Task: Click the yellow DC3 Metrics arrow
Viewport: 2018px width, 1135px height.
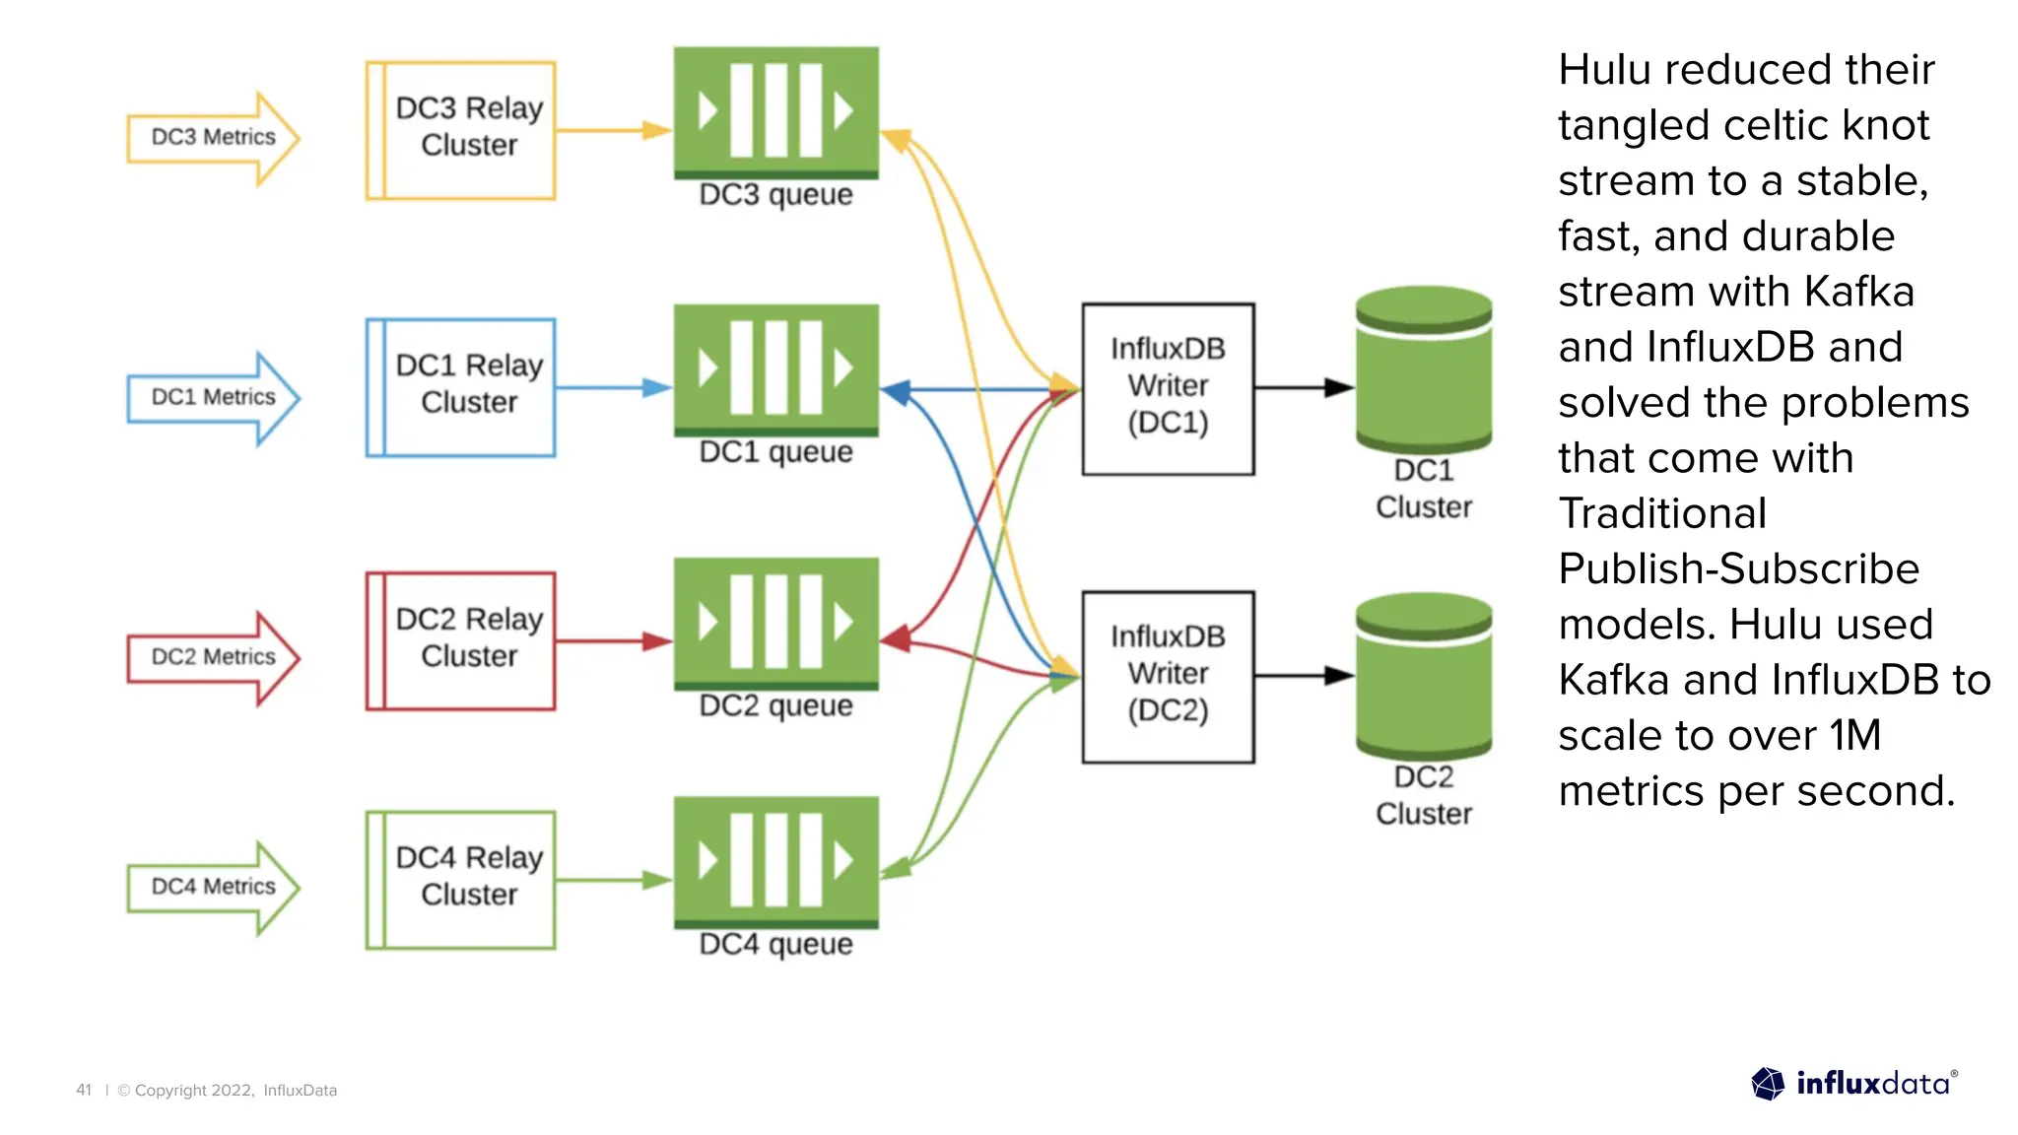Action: pos(212,138)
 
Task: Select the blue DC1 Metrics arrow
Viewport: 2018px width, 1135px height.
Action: pos(212,397)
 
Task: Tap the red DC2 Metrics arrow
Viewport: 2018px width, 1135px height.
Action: pos(212,657)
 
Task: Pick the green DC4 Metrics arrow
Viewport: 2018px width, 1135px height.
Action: pos(212,887)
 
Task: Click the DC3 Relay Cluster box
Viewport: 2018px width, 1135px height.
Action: pos(461,130)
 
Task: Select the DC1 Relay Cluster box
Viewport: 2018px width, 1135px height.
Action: pos(461,387)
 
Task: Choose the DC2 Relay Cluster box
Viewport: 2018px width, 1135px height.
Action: pos(461,640)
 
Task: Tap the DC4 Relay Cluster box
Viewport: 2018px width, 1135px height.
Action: pos(461,879)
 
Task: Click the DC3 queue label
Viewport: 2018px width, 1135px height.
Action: pos(775,194)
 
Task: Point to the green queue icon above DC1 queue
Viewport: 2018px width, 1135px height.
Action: pos(775,368)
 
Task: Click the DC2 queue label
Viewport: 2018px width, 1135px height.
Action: pos(775,705)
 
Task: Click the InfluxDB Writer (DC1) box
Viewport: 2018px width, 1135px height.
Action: pos(1168,388)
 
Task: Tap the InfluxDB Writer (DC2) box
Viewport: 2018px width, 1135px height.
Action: pos(1168,676)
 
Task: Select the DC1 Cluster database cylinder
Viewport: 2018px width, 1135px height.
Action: pos(1423,369)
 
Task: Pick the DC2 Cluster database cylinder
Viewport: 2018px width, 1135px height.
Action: pos(1423,676)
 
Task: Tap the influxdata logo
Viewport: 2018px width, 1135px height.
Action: pos(1853,1084)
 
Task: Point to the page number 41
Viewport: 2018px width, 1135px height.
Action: pos(84,1090)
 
